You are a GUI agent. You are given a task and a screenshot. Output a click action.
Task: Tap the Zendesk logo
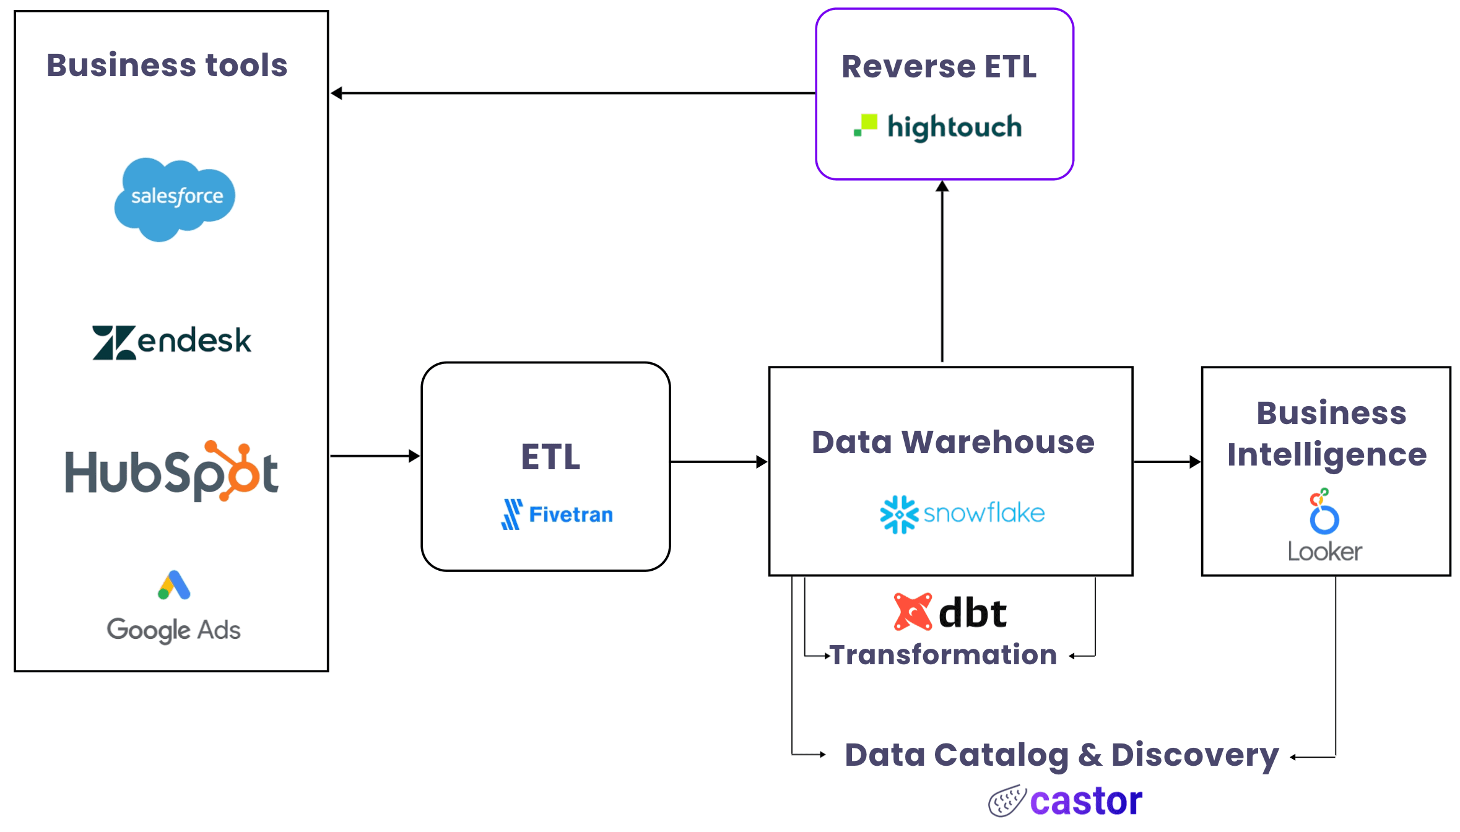point(172,342)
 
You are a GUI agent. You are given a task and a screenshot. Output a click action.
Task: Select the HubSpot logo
point(172,472)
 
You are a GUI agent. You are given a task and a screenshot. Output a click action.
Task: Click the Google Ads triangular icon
point(174,586)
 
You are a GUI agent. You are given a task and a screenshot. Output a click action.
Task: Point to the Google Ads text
point(174,630)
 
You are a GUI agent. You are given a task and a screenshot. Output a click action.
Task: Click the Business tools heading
point(167,66)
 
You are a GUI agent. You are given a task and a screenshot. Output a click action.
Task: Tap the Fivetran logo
point(557,514)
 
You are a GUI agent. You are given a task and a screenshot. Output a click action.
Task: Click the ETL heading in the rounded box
point(550,457)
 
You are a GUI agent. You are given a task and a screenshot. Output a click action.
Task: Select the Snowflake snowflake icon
point(899,514)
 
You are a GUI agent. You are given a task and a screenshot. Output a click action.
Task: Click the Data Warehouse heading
point(953,443)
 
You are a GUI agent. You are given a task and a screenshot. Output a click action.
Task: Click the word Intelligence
point(1327,455)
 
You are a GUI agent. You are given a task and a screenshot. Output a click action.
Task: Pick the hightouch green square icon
point(866,124)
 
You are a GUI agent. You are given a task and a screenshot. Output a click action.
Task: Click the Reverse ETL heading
point(939,67)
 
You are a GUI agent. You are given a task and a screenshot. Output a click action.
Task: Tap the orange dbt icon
point(913,612)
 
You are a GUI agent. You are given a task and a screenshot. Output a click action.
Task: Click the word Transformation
point(943,655)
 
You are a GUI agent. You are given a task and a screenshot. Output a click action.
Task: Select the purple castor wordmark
point(1086,801)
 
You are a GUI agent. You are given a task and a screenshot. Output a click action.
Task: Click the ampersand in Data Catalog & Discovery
point(1090,755)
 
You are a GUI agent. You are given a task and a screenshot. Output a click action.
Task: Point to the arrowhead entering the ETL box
point(415,456)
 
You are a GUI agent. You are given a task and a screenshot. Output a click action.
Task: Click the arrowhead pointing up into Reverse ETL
point(942,186)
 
